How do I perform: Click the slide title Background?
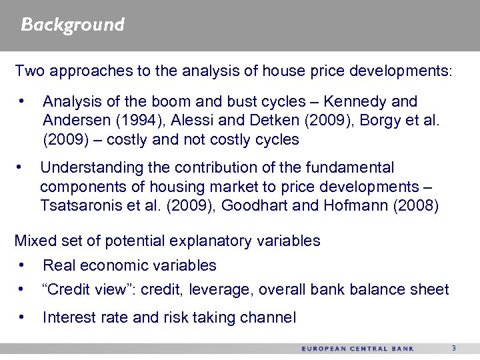[x=73, y=25]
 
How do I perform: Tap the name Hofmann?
[x=353, y=205]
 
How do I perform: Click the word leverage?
[x=221, y=290]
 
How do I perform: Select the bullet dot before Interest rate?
[x=24, y=317]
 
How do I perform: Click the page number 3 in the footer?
[x=453, y=349]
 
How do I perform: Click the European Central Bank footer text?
[x=357, y=349]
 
